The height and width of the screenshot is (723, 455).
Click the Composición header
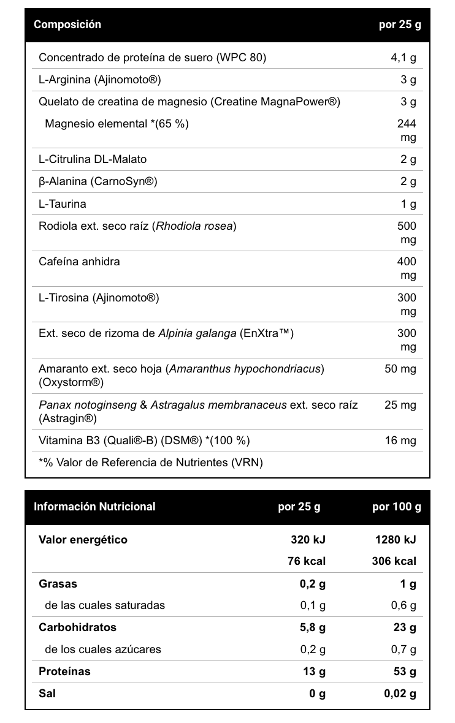pyautogui.click(x=67, y=25)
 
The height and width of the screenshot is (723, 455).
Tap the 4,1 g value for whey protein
pyautogui.click(x=403, y=58)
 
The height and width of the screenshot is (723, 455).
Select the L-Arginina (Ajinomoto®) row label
pyautogui.click(x=100, y=80)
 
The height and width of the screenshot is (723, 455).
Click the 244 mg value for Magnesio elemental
pyautogui.click(x=407, y=131)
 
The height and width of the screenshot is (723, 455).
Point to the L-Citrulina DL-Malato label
pyautogui.click(x=93, y=159)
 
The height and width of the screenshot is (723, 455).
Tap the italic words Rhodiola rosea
pyautogui.click(x=194, y=226)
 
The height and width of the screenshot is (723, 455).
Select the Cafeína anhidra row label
pyautogui.click(x=79, y=262)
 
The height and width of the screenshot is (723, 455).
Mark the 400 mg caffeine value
pyautogui.click(x=407, y=268)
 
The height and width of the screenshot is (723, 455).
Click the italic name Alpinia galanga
pyautogui.click(x=197, y=333)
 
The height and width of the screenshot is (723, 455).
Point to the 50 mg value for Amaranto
pyautogui.click(x=400, y=369)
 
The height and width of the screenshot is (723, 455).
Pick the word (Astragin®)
pyautogui.click(x=68, y=418)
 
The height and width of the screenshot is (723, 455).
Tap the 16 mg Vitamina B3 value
pyautogui.click(x=400, y=441)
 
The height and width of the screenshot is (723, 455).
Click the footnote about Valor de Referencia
pyautogui.click(x=150, y=463)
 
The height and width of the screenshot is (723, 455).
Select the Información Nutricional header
pyautogui.click(x=94, y=507)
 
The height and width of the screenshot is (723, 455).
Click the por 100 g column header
pyautogui.click(x=397, y=507)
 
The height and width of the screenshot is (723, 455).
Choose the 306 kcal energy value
pyautogui.click(x=394, y=561)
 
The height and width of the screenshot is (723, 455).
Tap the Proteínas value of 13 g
pyautogui.click(x=314, y=672)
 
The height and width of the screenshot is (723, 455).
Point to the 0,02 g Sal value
pyautogui.click(x=400, y=694)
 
